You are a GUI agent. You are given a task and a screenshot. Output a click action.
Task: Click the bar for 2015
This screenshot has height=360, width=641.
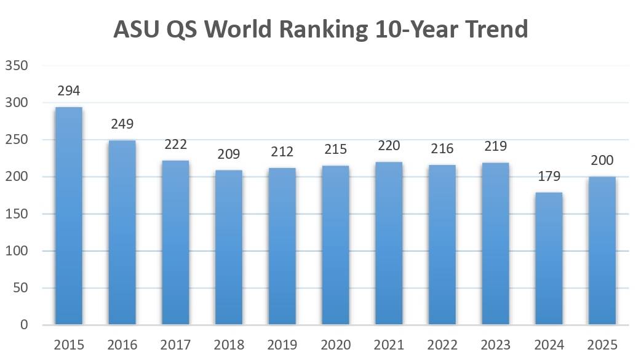coord(69,216)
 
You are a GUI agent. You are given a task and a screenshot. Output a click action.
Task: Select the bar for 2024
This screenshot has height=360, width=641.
coord(549,258)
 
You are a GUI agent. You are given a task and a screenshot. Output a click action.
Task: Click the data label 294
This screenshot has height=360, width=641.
coord(69,91)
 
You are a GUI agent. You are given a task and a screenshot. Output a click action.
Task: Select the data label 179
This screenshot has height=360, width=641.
coord(549,177)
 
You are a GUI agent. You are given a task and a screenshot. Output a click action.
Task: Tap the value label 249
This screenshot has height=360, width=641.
coord(122,124)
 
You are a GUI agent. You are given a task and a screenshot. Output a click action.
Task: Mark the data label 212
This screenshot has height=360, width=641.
coord(282,151)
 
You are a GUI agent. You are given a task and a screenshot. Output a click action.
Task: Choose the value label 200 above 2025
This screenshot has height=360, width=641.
coord(602,161)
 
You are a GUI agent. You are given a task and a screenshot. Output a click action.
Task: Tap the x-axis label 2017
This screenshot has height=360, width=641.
coord(175,344)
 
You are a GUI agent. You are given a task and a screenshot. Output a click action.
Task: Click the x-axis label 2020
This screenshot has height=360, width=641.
coord(336,344)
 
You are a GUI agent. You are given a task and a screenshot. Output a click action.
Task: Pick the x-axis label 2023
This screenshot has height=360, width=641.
coord(496,344)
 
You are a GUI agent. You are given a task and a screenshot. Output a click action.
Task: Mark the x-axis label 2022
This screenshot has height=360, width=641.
coord(442,344)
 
